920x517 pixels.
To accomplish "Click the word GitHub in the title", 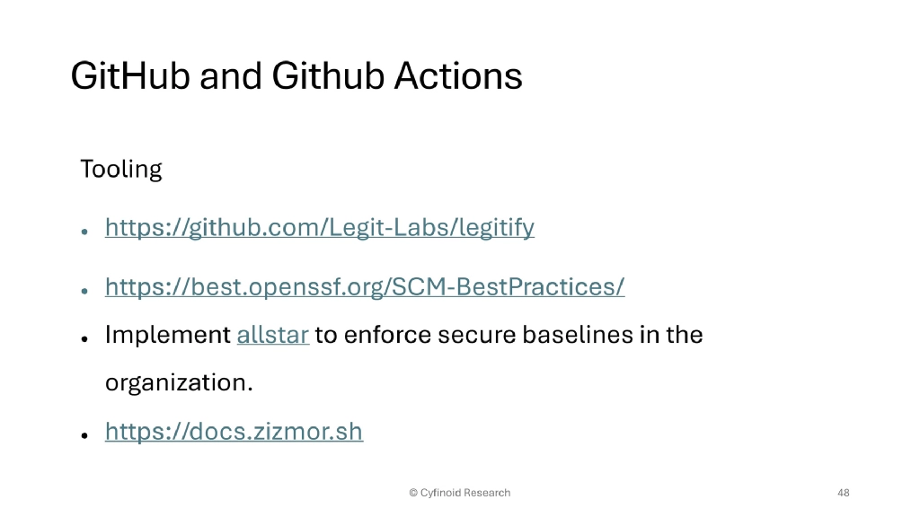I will click(x=130, y=75).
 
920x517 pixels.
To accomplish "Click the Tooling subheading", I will click(x=121, y=169).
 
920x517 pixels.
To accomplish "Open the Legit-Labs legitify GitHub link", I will click(x=320, y=228).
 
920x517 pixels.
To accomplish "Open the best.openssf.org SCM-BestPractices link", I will click(x=365, y=287).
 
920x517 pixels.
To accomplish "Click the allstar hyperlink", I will click(x=273, y=336).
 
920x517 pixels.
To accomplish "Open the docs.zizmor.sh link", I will click(x=234, y=432).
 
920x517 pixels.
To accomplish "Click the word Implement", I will click(x=168, y=336).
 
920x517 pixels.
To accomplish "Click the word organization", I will click(x=179, y=383).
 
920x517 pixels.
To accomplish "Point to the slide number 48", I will click(x=843, y=493).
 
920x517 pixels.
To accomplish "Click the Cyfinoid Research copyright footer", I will click(x=459, y=493).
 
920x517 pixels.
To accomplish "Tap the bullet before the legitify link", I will click(x=84, y=231).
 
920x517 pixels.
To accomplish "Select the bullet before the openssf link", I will click(x=84, y=290).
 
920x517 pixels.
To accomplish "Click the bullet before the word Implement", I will click(x=84, y=338).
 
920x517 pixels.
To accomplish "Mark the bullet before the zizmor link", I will click(x=84, y=434).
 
